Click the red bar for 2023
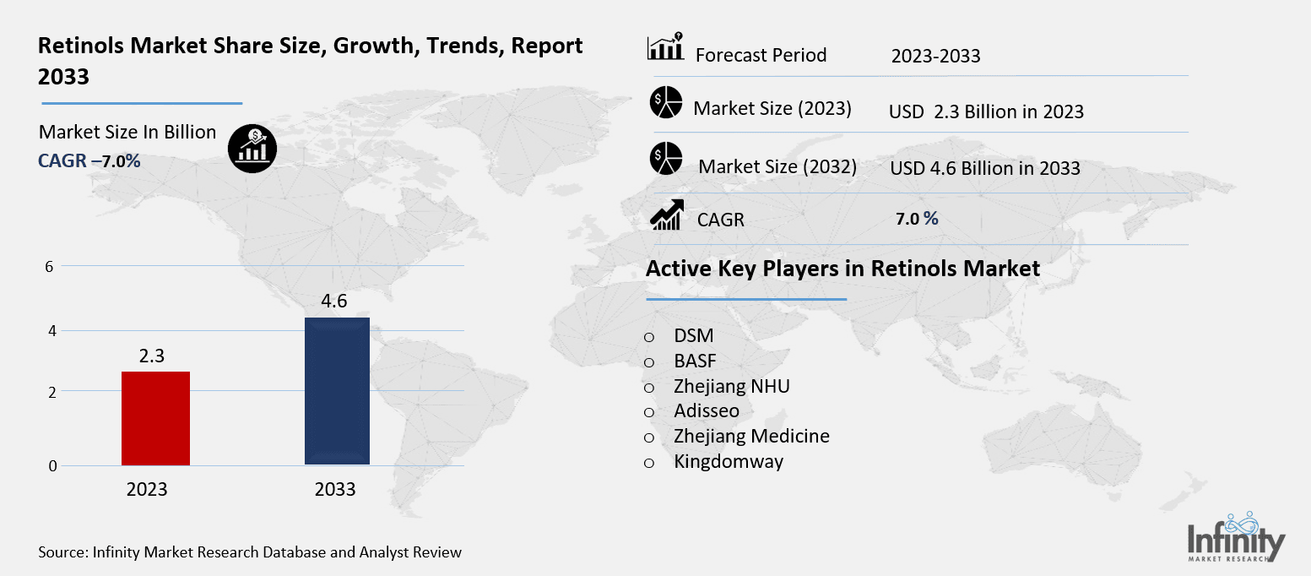[155, 418]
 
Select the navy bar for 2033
[337, 391]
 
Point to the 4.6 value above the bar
[335, 302]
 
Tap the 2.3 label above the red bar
[151, 356]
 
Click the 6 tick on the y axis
[49, 266]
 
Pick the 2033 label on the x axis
[335, 489]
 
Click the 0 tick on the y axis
[52, 465]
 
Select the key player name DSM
[694, 335]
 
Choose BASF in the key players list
[695, 361]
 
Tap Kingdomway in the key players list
[729, 461]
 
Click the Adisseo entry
[707, 411]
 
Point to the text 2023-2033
[935, 57]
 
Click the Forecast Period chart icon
[665, 49]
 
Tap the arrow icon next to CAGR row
[665, 215]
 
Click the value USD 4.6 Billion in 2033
[985, 168]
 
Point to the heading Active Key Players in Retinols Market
[842, 269]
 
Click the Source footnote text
[250, 552]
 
